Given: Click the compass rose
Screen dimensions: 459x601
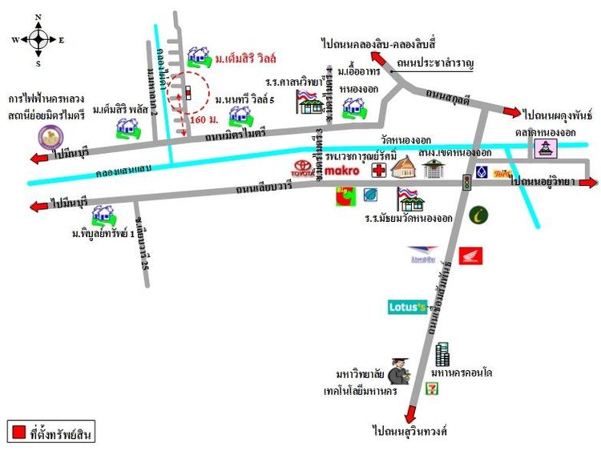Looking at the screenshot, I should [38, 39].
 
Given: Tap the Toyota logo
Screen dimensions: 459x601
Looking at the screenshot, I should [304, 170].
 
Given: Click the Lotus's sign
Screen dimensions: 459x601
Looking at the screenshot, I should [407, 307].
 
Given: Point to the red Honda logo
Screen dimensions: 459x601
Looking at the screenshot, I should [470, 256].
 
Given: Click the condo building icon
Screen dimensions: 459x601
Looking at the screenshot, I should [442, 354].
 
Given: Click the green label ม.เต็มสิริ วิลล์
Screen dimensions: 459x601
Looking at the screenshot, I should [245, 58].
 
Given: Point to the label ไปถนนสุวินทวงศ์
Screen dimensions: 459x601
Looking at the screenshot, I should [413, 432].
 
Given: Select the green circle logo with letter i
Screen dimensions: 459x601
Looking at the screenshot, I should [480, 215].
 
